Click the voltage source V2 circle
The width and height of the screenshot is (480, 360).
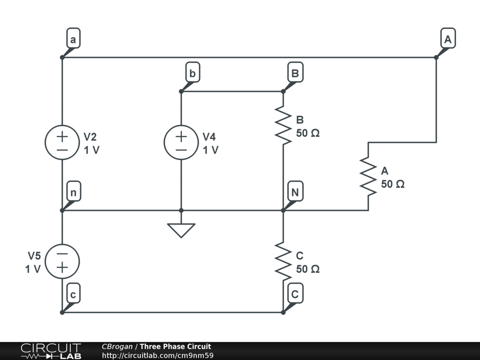(x=62, y=142)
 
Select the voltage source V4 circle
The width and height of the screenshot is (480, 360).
(x=181, y=142)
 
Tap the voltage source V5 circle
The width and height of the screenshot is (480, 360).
(x=62, y=262)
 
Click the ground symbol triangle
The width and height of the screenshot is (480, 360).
(x=181, y=230)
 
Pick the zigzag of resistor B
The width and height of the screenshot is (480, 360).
(x=283, y=125)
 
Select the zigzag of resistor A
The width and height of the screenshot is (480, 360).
(x=368, y=176)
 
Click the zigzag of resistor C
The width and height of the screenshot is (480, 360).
(x=283, y=261)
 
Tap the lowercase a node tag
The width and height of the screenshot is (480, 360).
(x=73, y=40)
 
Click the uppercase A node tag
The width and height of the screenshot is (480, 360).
(x=448, y=40)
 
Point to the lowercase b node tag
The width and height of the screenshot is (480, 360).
(x=192, y=74)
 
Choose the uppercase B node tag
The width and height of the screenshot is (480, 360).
(x=295, y=74)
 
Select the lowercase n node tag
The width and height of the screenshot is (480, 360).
(x=73, y=193)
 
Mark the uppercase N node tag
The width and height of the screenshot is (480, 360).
(x=295, y=193)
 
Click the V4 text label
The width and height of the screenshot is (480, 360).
(x=209, y=137)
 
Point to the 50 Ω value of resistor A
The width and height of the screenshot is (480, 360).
(x=392, y=184)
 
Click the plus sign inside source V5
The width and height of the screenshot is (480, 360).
(x=62, y=268)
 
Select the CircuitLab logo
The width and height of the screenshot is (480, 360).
(x=51, y=351)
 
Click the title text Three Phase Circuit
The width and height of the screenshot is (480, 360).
(x=175, y=347)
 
